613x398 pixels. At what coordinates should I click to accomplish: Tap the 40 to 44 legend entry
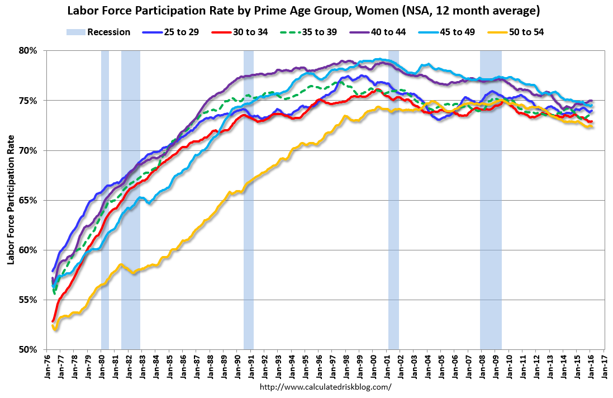388,32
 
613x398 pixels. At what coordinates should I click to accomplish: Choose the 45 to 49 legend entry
458,32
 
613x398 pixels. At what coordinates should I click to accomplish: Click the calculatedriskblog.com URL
326,387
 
